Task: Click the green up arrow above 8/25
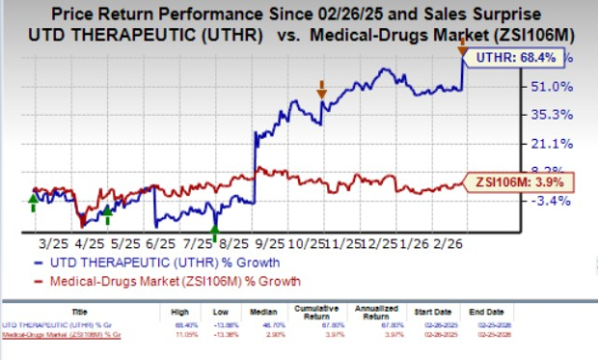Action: (x=216, y=231)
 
